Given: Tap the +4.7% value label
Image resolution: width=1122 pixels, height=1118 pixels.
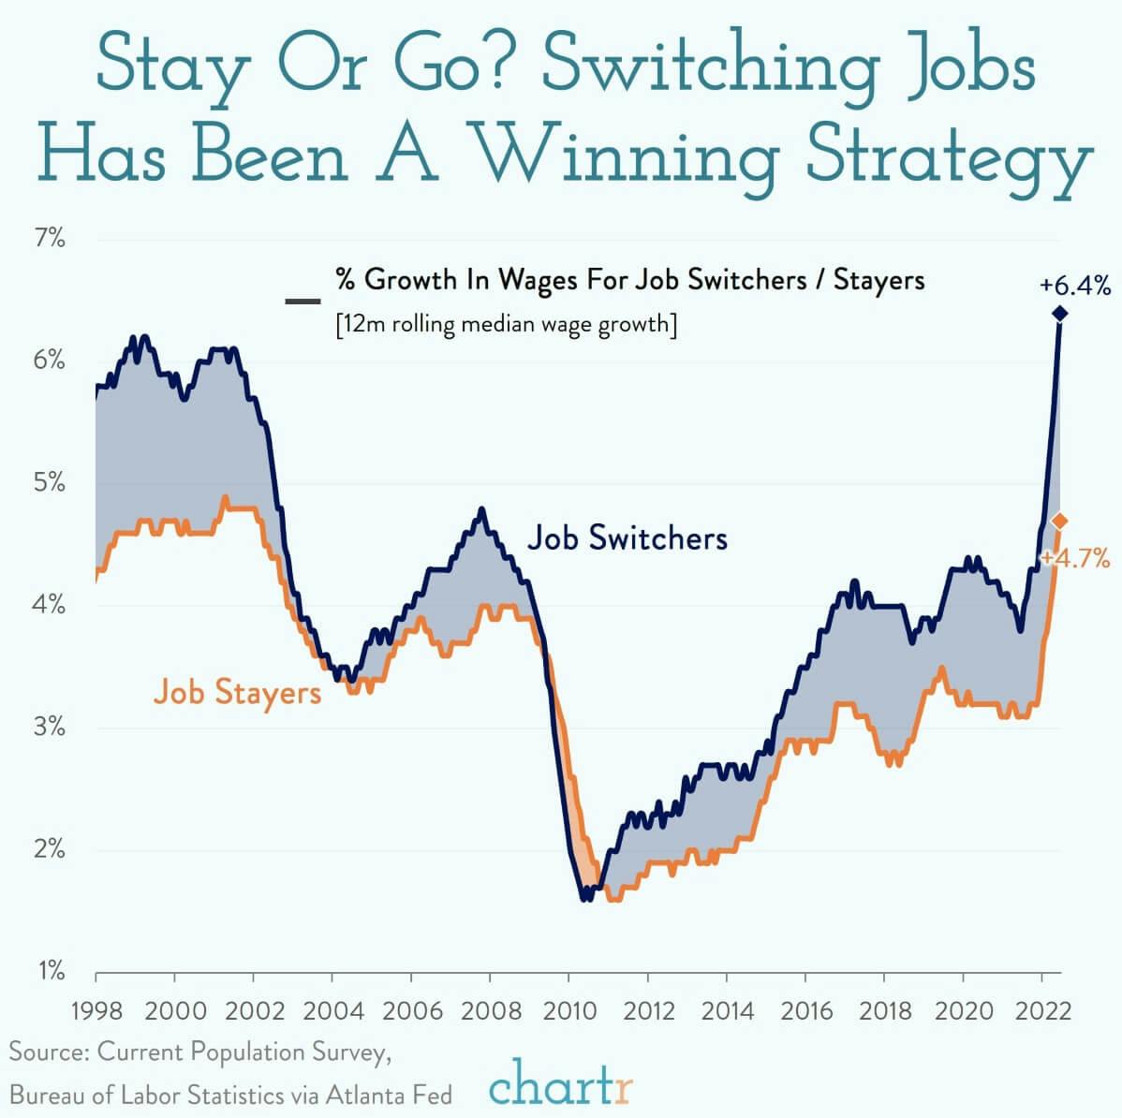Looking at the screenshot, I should (x=1075, y=560).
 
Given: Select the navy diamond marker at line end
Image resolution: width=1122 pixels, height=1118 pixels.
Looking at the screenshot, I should (x=1059, y=314).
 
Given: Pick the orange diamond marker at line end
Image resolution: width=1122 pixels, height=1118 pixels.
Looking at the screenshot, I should (x=1059, y=521).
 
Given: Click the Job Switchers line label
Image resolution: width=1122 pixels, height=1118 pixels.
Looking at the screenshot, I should (x=627, y=538).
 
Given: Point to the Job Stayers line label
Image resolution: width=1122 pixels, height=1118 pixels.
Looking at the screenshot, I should (x=237, y=693).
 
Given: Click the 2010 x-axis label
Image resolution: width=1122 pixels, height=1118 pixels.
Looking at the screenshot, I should (x=569, y=1011).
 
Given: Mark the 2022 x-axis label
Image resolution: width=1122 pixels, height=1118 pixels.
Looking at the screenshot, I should (x=1042, y=1011).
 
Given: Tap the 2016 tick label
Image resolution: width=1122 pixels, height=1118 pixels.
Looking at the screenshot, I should (x=806, y=1011).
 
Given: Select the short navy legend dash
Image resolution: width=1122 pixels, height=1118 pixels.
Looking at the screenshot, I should (x=303, y=301).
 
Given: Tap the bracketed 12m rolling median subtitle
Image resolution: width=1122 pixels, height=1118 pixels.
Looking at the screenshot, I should (x=506, y=325).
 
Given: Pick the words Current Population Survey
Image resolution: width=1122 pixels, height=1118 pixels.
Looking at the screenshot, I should (x=244, y=1052).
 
